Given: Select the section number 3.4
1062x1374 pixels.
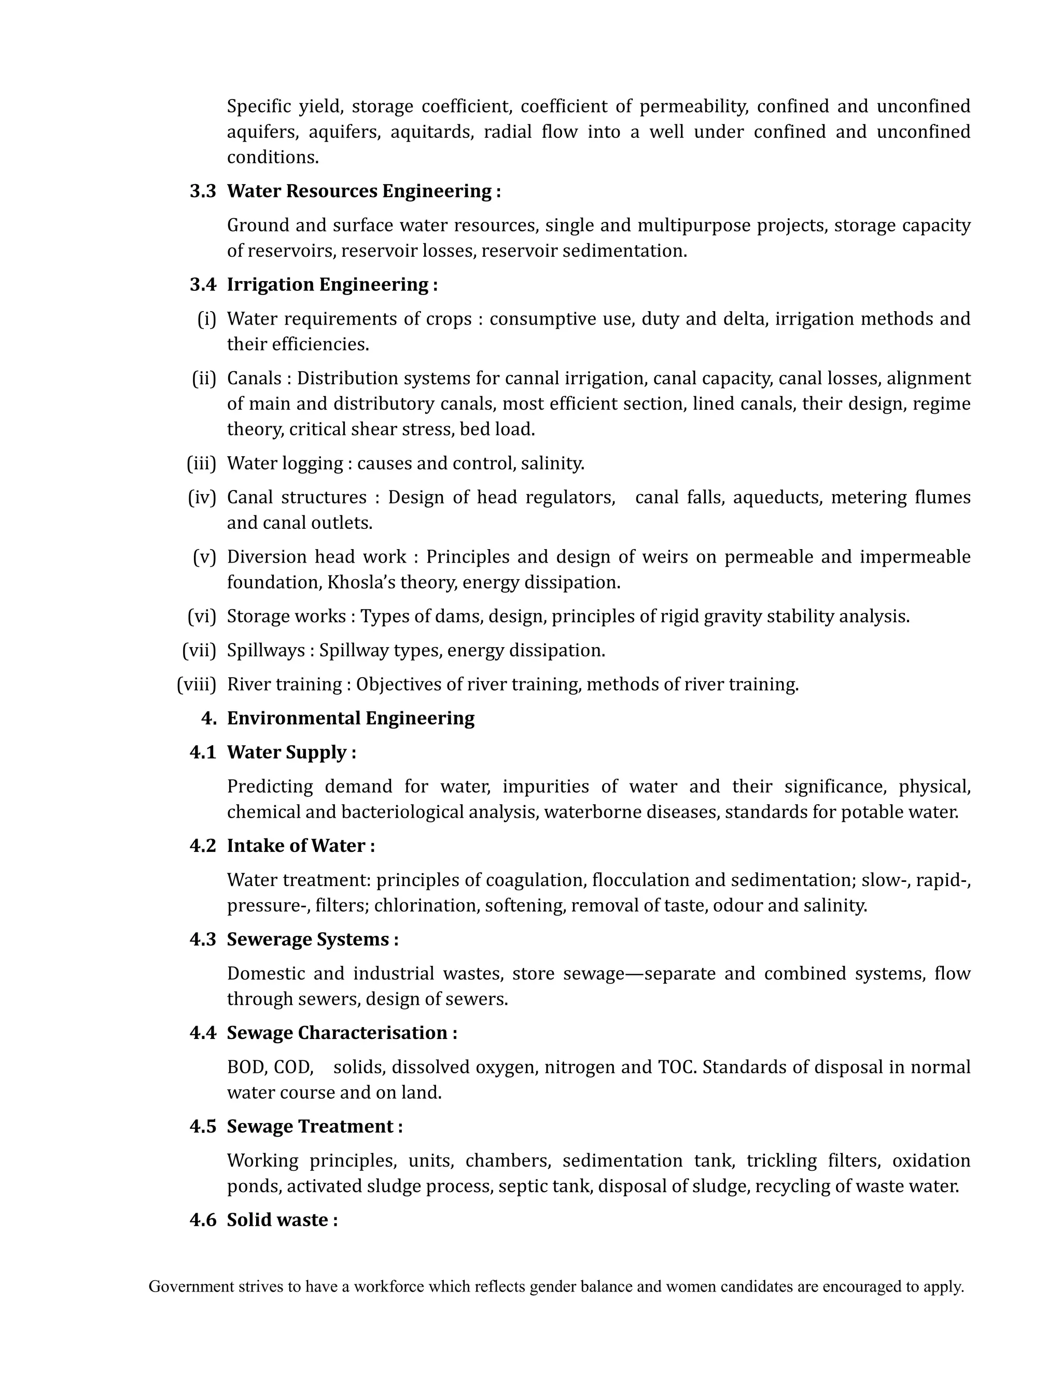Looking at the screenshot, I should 203,285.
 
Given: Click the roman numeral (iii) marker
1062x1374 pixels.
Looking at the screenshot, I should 201,464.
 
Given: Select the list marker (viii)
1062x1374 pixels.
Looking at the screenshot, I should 197,684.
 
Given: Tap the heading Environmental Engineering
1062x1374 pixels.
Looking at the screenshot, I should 351,719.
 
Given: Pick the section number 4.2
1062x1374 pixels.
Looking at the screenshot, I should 203,846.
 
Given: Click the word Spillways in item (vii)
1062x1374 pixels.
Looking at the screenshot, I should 265,651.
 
